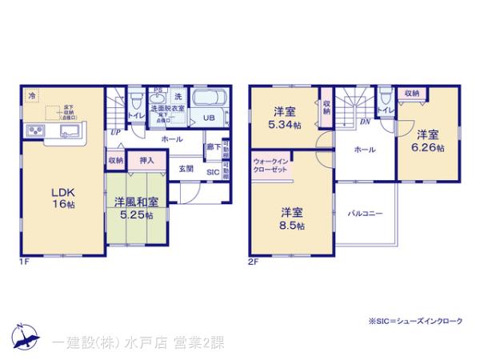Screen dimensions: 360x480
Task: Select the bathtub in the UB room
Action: pyautogui.click(x=212, y=100)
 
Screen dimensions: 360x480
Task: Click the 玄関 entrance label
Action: pyautogui.click(x=186, y=168)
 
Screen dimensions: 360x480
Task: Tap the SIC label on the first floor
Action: pyautogui.click(x=213, y=171)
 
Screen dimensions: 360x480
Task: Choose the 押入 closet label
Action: pyautogui.click(x=146, y=160)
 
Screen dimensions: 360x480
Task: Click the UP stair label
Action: pyautogui.click(x=117, y=132)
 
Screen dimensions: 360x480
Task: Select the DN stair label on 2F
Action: pyautogui.click(x=364, y=122)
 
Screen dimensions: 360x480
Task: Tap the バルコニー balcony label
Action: pyautogui.click(x=365, y=214)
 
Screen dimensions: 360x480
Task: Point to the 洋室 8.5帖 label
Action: pyautogui.click(x=291, y=218)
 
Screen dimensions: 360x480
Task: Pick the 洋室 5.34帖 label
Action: pyautogui.click(x=284, y=117)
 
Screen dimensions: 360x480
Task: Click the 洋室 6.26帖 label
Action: pyautogui.click(x=426, y=141)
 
